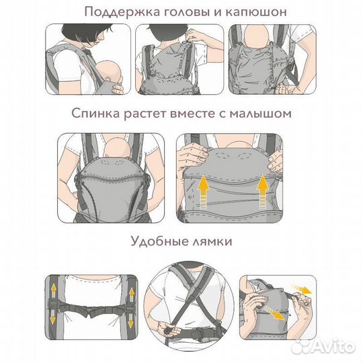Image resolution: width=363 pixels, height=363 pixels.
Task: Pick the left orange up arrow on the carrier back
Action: click(x=204, y=188)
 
